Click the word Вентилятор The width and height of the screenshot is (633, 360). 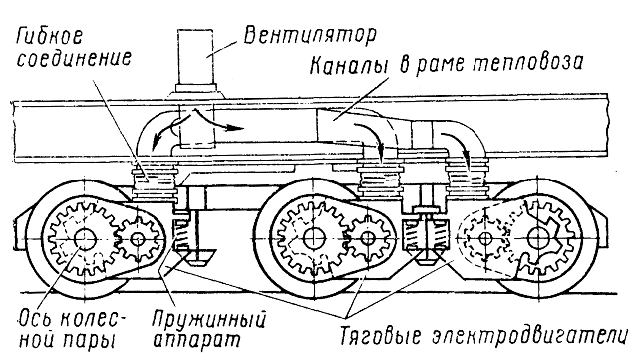click(x=310, y=36)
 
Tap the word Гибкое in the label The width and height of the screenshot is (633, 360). click(x=49, y=36)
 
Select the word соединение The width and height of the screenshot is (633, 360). click(x=74, y=59)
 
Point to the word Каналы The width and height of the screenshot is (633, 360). click(x=348, y=65)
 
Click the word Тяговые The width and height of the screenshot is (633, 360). click(x=378, y=336)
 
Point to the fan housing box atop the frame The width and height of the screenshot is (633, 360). click(x=195, y=57)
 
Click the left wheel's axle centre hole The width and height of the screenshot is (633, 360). click(x=85, y=239)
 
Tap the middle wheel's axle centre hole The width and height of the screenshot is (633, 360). click(x=312, y=238)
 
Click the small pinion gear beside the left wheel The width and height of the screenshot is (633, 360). click(x=138, y=240)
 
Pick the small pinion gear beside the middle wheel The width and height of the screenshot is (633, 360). click(x=367, y=238)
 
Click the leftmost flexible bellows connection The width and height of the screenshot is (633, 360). click(x=154, y=181)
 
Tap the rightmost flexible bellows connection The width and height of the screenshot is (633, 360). click(x=468, y=178)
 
